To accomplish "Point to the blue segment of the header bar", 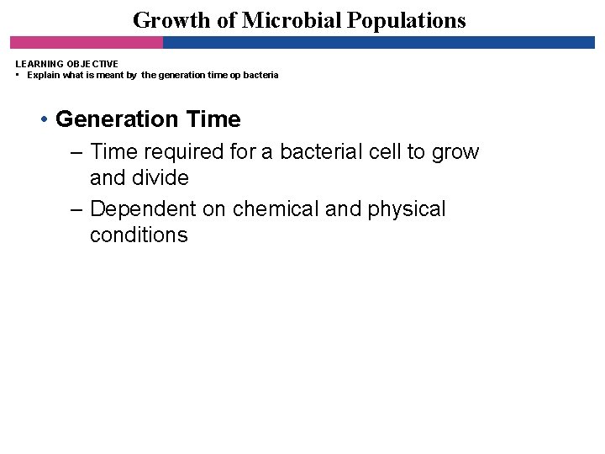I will [x=378, y=42].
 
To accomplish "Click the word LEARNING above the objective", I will [x=36, y=64].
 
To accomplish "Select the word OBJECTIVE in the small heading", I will [x=90, y=64].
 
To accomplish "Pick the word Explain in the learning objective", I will [x=44, y=75].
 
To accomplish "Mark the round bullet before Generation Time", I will [x=44, y=120].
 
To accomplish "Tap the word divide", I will [x=159, y=178].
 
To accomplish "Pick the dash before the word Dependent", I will [x=76, y=209].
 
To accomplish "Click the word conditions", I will [x=139, y=235].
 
